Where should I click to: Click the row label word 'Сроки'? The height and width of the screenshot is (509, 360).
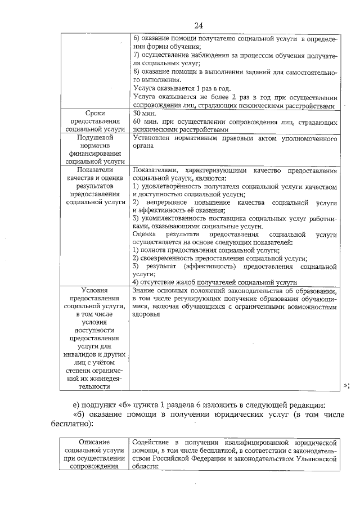pyautogui.click(x=93, y=113)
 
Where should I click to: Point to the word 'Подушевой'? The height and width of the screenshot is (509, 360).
pyautogui.click(x=93, y=137)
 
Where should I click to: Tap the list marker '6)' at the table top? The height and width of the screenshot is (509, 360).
pyautogui.click(x=136, y=38)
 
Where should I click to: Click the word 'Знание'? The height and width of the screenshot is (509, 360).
pyautogui.click(x=145, y=291)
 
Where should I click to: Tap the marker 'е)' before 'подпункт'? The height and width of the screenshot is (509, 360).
pyautogui.click(x=76, y=406)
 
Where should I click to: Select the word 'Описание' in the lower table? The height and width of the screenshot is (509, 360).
pyautogui.click(x=93, y=443)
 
